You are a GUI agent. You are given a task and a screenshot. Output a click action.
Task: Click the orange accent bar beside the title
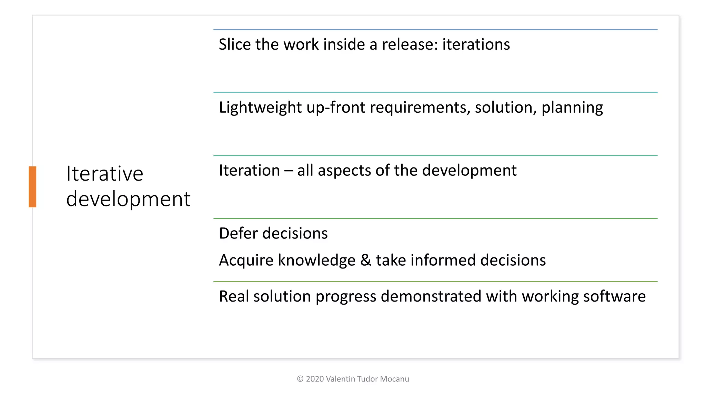coord(32,186)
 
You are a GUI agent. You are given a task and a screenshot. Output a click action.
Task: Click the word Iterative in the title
coord(104,173)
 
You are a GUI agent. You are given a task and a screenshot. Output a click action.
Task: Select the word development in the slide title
coord(128,199)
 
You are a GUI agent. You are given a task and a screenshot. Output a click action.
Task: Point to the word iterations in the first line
coord(476,44)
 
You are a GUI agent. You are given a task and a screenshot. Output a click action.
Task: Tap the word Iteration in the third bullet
coord(249,171)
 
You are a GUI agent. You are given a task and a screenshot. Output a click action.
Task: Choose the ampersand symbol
coord(366,260)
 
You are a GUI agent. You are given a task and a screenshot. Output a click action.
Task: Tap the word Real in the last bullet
coord(233,296)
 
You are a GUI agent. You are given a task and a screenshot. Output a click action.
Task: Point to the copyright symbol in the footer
coord(300,379)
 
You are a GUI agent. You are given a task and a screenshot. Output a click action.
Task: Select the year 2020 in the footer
coord(315,379)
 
